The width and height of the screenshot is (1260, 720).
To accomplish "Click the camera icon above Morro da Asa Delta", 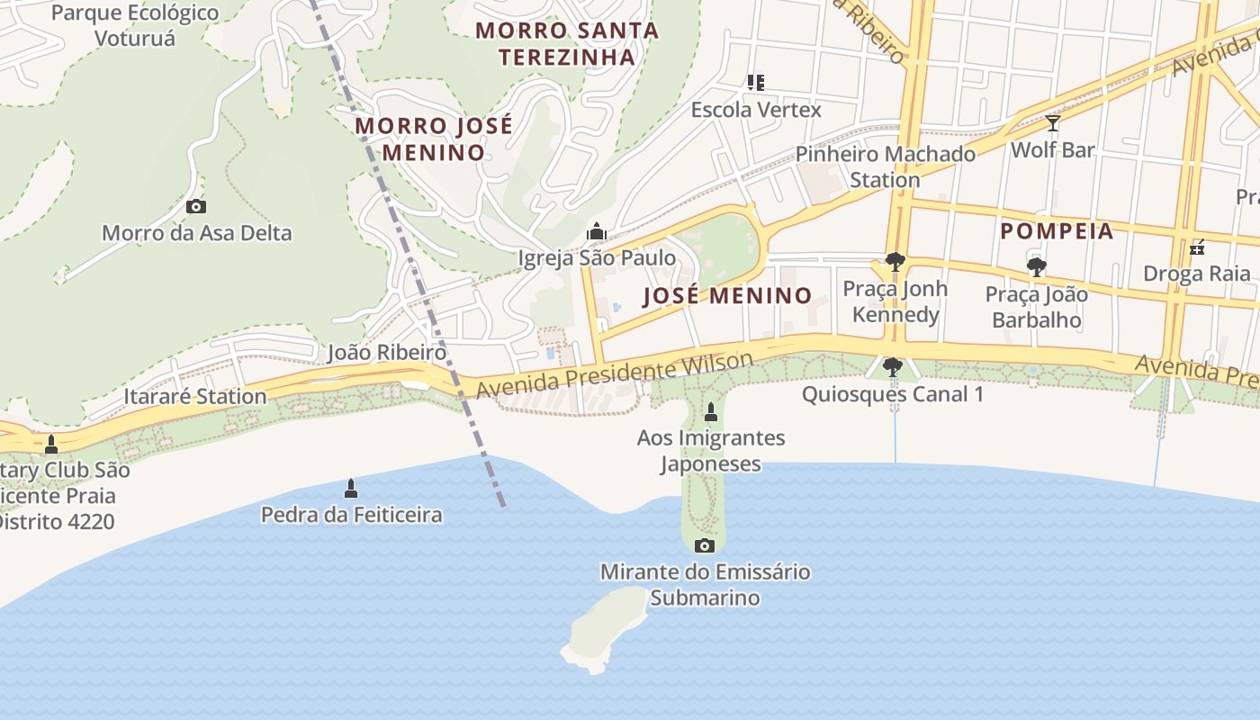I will pos(195,207).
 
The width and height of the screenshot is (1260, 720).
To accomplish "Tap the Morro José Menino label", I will pos(434,139).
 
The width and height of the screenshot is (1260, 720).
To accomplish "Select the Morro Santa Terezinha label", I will pos(567,43).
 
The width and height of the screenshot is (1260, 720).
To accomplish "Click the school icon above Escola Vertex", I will pos(756,83).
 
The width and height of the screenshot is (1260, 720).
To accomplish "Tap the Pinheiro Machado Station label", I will pos(886,166).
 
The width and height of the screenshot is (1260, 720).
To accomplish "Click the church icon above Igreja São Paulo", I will pos(596,232).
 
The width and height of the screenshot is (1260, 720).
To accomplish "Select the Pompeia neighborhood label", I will pos(1057,231).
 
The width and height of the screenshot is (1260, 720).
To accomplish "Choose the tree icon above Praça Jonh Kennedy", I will pos(895,262).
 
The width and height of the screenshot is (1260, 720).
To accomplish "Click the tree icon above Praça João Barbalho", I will pos(1036,266).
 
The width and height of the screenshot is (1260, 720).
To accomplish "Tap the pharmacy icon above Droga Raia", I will pos(1197,247).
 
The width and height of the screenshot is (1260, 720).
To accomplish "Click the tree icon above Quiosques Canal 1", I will pos(892,367).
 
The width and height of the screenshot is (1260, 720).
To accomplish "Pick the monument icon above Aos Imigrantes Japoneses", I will pos(710,412).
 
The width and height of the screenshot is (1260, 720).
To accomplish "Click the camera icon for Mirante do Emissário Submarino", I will pos(705,545).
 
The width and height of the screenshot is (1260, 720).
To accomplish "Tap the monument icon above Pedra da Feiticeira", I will pos(351,489).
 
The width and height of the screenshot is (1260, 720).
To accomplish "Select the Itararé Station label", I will pos(195,396).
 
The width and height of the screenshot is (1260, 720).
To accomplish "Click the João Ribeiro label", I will pos(386,352).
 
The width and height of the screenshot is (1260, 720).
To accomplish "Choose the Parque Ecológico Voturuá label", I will pos(135,25).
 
